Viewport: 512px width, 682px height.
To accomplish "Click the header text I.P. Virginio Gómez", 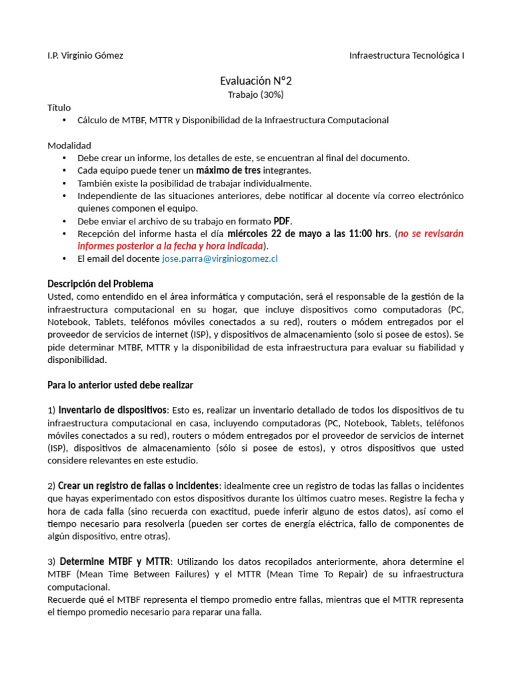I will pyautogui.click(x=85, y=56).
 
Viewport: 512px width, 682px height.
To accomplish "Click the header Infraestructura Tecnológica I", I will pyautogui.click(x=407, y=56).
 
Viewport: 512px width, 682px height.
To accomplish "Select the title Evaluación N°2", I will pyautogui.click(x=256, y=81).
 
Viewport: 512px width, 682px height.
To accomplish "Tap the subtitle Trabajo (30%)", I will pyautogui.click(x=256, y=95).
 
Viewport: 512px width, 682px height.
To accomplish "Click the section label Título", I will pyautogui.click(x=59, y=107).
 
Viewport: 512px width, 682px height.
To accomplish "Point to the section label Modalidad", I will pyautogui.click(x=69, y=145).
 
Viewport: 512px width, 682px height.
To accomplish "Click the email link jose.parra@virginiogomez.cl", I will pyautogui.click(x=219, y=258).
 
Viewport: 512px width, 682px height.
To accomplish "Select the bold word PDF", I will pyautogui.click(x=283, y=221).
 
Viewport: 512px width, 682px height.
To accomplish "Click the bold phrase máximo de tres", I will pyautogui.click(x=228, y=170).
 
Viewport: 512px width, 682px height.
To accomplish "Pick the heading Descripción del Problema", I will pyautogui.click(x=100, y=284).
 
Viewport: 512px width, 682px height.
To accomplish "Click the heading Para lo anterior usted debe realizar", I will pyautogui.click(x=120, y=385).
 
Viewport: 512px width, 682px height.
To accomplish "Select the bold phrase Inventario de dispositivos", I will pyautogui.click(x=112, y=410).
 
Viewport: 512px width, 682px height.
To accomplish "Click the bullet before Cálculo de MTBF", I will pyautogui.click(x=64, y=121).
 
